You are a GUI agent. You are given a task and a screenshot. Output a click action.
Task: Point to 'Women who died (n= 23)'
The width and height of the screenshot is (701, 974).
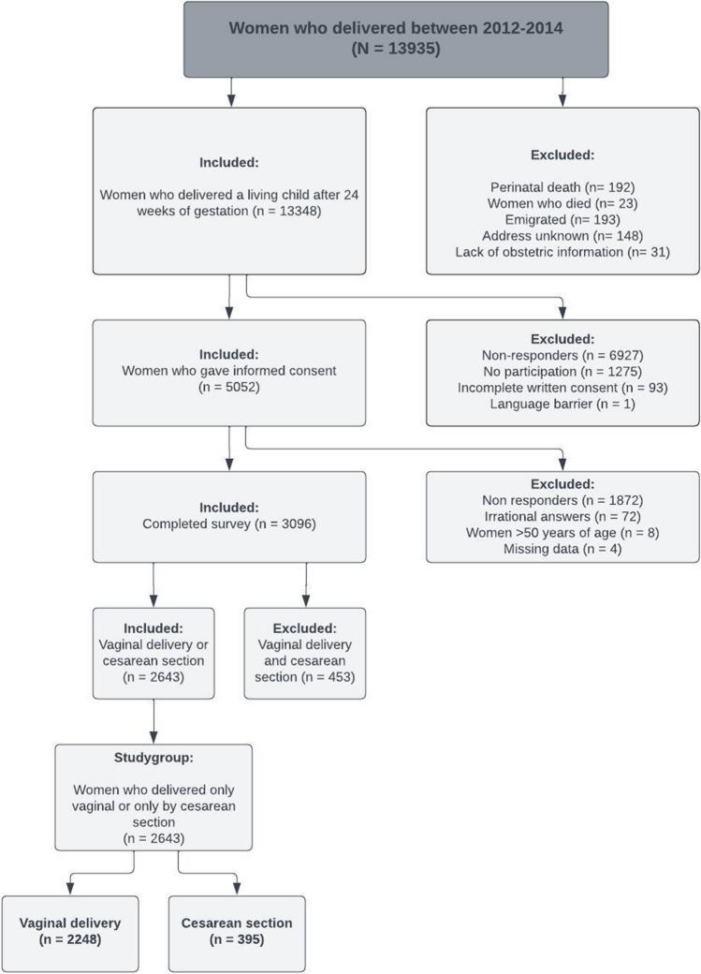(562, 202)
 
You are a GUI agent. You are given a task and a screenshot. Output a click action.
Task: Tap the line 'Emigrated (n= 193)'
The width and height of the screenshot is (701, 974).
(562, 219)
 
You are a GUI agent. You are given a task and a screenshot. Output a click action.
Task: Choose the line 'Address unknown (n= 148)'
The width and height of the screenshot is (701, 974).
(562, 236)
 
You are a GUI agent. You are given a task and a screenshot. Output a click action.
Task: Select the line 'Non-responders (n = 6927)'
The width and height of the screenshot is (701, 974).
(562, 355)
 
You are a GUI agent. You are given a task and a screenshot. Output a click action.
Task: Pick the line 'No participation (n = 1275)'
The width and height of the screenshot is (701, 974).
(562, 372)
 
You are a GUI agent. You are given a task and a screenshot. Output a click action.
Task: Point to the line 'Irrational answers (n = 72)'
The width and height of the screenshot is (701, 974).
(562, 517)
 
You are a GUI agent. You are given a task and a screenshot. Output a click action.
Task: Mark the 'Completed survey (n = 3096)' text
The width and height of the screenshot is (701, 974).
(229, 524)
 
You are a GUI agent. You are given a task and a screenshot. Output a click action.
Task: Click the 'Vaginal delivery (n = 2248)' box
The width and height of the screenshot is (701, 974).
(70, 931)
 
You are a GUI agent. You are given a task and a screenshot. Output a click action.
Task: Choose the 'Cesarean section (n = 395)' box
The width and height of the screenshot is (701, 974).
(237, 931)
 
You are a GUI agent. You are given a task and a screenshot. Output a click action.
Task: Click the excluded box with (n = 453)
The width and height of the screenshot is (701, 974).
(304, 653)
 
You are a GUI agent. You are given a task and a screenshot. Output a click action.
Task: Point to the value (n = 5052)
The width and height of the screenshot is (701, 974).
(229, 389)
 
